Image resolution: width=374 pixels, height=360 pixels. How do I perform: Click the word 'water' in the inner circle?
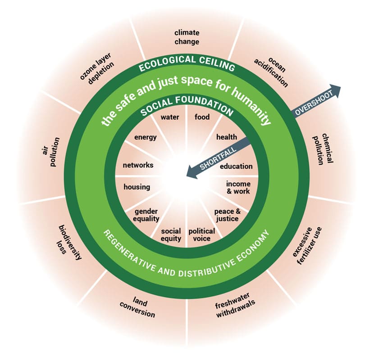coord(170,117)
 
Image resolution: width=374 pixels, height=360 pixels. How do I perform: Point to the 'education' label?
coord(236,166)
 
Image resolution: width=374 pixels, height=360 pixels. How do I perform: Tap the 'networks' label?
coord(138,165)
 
